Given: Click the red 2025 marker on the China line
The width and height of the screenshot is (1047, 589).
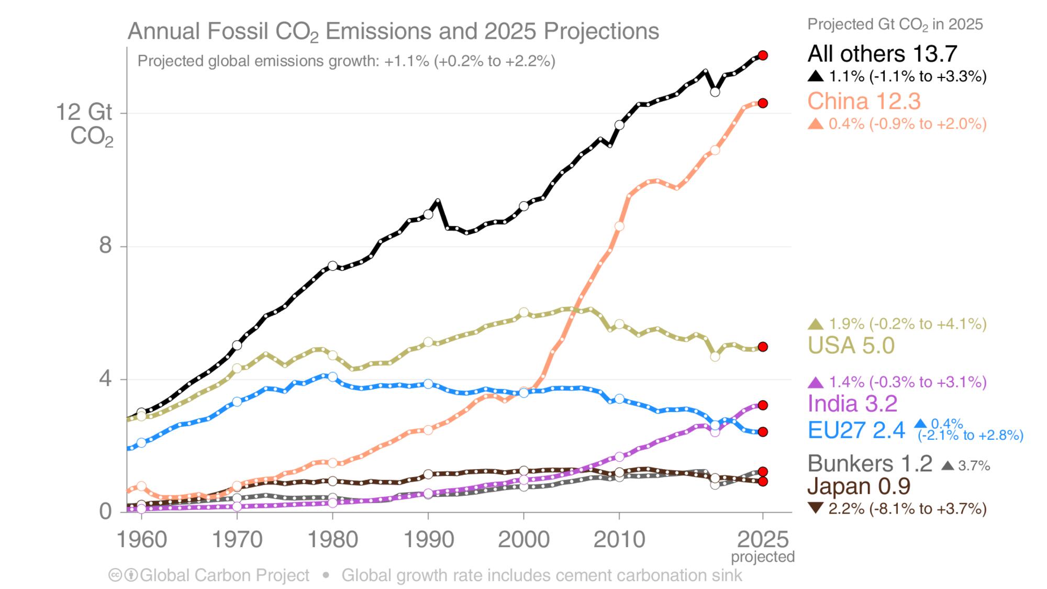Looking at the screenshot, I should point(763,103).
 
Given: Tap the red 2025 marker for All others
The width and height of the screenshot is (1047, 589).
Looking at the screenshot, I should point(763,55).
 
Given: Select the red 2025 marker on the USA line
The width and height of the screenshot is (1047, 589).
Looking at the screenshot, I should point(763,347).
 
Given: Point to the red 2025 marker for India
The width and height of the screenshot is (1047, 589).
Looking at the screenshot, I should point(763,405).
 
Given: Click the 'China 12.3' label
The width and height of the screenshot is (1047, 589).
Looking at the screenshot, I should point(863,101).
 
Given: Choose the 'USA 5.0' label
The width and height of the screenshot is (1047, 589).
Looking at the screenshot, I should point(851,346).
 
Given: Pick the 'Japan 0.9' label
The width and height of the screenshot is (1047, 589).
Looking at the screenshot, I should point(859,486).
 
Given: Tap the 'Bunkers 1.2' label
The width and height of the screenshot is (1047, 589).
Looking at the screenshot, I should point(870,464).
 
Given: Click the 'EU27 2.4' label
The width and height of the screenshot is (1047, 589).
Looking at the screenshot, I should point(856,430).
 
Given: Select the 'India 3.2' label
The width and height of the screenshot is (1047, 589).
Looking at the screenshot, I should point(852,404).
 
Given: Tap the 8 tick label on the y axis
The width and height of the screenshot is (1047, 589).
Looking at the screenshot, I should point(105,245).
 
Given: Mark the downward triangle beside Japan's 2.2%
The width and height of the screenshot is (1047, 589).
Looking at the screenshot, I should point(815,507).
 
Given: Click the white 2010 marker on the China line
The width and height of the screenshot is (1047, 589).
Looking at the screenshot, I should point(619,226).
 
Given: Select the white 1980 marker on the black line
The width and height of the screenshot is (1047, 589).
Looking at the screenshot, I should point(332,266).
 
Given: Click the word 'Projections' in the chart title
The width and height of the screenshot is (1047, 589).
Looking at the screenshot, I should point(601,31).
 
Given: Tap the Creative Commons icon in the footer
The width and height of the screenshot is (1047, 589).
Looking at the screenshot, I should point(115,575).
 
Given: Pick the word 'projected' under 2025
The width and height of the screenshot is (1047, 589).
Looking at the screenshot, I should point(763,557).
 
